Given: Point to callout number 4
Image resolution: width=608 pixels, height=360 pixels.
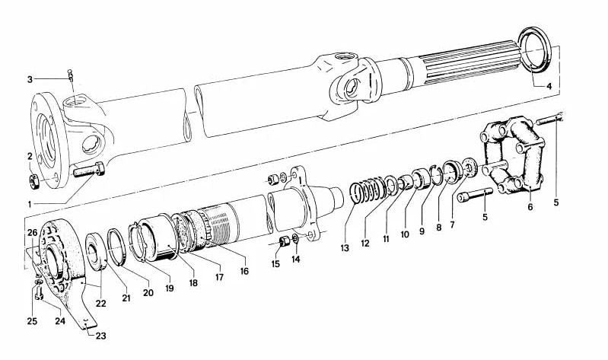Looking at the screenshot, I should tap(548, 86).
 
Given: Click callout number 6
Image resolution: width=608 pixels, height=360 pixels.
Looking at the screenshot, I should tap(530, 206).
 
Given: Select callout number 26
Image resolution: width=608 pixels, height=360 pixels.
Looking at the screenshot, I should tap(31, 232).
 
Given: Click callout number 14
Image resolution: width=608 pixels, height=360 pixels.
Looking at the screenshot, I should tap(297, 259).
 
